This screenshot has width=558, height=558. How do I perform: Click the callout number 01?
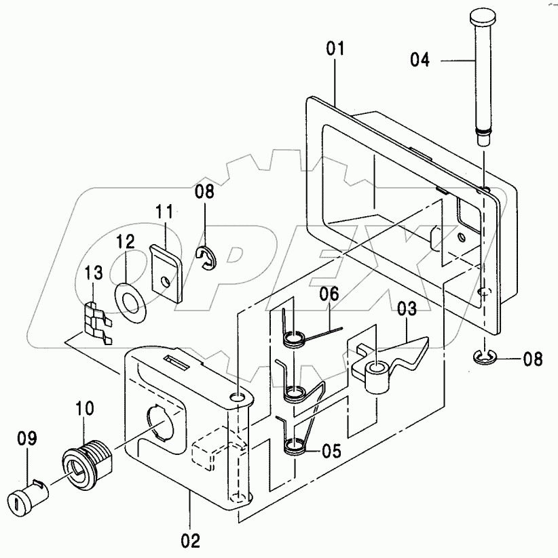click(x=335, y=48)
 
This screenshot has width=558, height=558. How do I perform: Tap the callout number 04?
click(x=420, y=60)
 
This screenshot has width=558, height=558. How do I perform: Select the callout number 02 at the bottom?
click(x=191, y=541)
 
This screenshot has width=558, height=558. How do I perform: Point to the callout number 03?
click(x=407, y=308)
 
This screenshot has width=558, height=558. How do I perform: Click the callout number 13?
click(x=94, y=273)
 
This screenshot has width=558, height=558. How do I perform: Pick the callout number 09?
click(x=26, y=438)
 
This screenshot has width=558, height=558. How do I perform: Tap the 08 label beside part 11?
click(x=204, y=191)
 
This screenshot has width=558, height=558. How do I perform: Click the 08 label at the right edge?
click(x=533, y=359)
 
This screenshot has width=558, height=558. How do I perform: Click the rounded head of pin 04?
click(x=483, y=17)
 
